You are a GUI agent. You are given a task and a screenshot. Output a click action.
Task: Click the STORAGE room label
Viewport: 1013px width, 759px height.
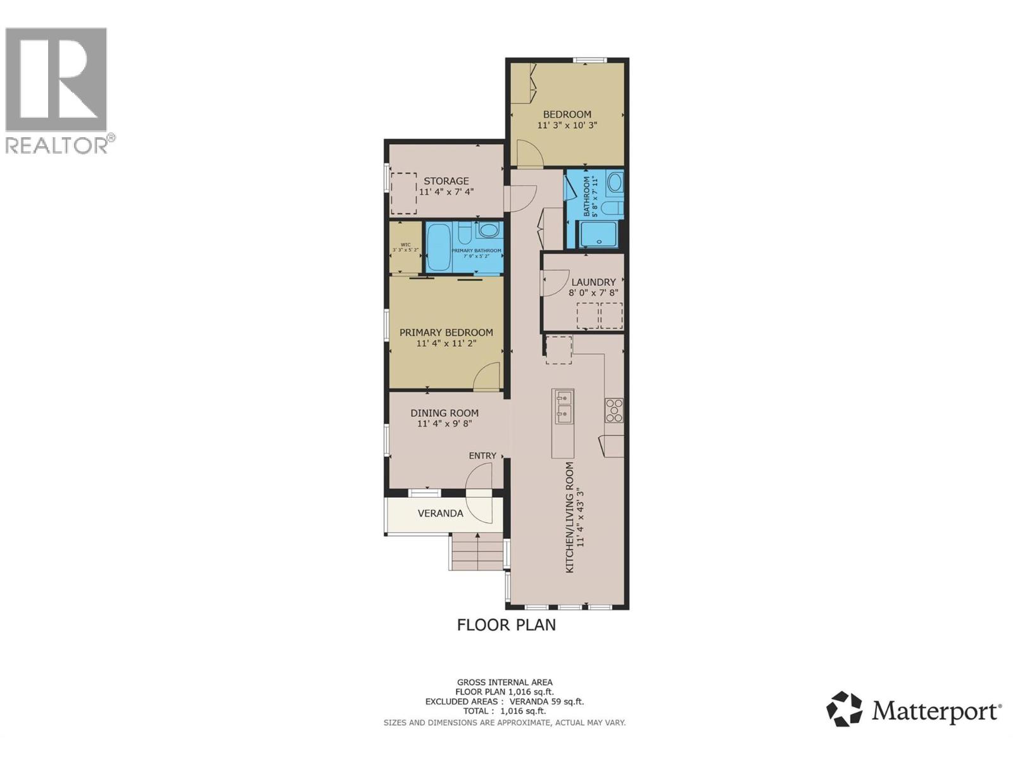click(446, 181)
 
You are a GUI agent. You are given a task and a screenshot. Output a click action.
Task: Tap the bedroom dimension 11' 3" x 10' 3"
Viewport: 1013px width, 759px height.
click(567, 125)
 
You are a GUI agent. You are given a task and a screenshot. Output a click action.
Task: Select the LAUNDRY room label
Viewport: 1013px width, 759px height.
click(593, 282)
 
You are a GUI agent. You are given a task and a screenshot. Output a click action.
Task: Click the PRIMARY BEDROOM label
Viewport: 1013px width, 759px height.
click(446, 333)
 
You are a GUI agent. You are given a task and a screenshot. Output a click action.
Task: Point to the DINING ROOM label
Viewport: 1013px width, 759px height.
click(444, 413)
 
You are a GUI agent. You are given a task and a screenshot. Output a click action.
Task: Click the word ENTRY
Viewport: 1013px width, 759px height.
click(482, 455)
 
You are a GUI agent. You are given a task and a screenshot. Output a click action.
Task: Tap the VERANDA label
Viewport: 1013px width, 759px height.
click(440, 513)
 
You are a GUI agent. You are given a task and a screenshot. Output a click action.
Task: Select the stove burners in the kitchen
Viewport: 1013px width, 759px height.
click(613, 410)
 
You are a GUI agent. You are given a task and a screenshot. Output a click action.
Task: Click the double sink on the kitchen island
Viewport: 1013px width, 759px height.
click(563, 406)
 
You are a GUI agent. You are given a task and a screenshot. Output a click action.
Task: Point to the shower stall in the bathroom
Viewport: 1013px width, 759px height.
click(598, 234)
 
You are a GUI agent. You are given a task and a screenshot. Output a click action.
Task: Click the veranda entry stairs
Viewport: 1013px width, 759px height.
click(476, 551)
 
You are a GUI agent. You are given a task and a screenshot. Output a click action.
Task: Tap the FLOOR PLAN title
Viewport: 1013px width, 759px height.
click(506, 625)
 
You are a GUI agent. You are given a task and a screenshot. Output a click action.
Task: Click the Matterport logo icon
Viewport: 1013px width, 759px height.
click(845, 709)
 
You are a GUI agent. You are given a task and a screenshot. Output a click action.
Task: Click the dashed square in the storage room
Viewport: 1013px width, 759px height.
click(403, 194)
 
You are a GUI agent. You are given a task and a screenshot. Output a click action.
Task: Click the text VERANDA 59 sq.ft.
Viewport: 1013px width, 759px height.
click(550, 701)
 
